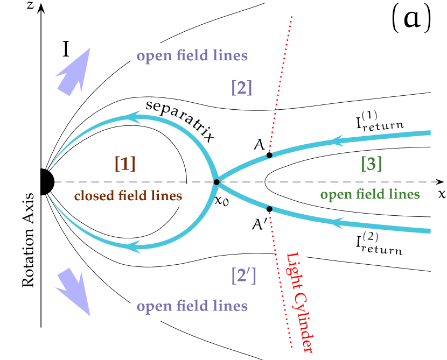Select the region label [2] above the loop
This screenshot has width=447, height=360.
click(x=241, y=87)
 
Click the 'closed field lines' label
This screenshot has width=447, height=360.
click(x=128, y=196)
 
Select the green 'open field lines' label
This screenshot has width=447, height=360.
click(x=369, y=194)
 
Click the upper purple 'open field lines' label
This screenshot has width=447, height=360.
click(x=192, y=56)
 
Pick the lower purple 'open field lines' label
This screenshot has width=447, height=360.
click(x=192, y=306)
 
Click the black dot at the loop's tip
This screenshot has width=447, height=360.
click(x=216, y=182)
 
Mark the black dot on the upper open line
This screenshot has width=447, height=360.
click(x=269, y=155)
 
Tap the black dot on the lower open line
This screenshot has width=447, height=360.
click(x=269, y=209)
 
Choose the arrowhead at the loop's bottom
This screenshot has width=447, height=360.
click(x=133, y=247)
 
